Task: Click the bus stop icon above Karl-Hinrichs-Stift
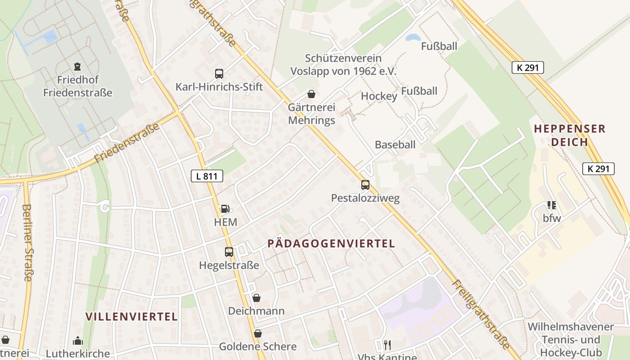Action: (219, 74)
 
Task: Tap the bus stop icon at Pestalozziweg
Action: (365, 185)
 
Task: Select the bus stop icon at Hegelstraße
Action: (229, 252)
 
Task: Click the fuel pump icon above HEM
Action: (225, 209)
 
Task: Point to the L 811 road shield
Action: (207, 176)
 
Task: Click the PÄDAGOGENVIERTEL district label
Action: (331, 243)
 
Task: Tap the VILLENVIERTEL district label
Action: (132, 316)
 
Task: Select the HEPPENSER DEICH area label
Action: (570, 135)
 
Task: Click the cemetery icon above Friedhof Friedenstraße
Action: (77, 67)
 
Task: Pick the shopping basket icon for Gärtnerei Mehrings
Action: (311, 94)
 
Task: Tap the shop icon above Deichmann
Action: (256, 298)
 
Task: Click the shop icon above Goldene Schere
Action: (257, 333)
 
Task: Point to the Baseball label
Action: (395, 144)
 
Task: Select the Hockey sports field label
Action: (379, 96)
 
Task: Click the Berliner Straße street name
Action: (27, 243)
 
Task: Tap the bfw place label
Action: (552, 219)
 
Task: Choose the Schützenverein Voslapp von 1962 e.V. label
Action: (343, 65)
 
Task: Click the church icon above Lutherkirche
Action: (78, 341)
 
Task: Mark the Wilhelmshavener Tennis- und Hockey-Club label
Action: (571, 340)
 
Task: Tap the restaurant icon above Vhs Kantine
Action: (387, 345)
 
